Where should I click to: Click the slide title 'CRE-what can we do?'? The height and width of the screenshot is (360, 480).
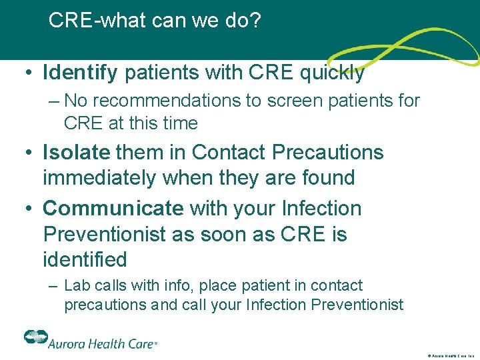point(155,21)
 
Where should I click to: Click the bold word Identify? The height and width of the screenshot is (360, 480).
point(81,72)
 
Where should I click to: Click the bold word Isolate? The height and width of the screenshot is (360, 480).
point(76,152)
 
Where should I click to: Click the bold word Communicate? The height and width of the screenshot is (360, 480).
point(113,208)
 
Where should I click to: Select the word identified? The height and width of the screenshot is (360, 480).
point(85,259)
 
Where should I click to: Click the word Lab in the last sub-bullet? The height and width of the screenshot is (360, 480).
point(77,285)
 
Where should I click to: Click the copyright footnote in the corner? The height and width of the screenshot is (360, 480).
point(449,356)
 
